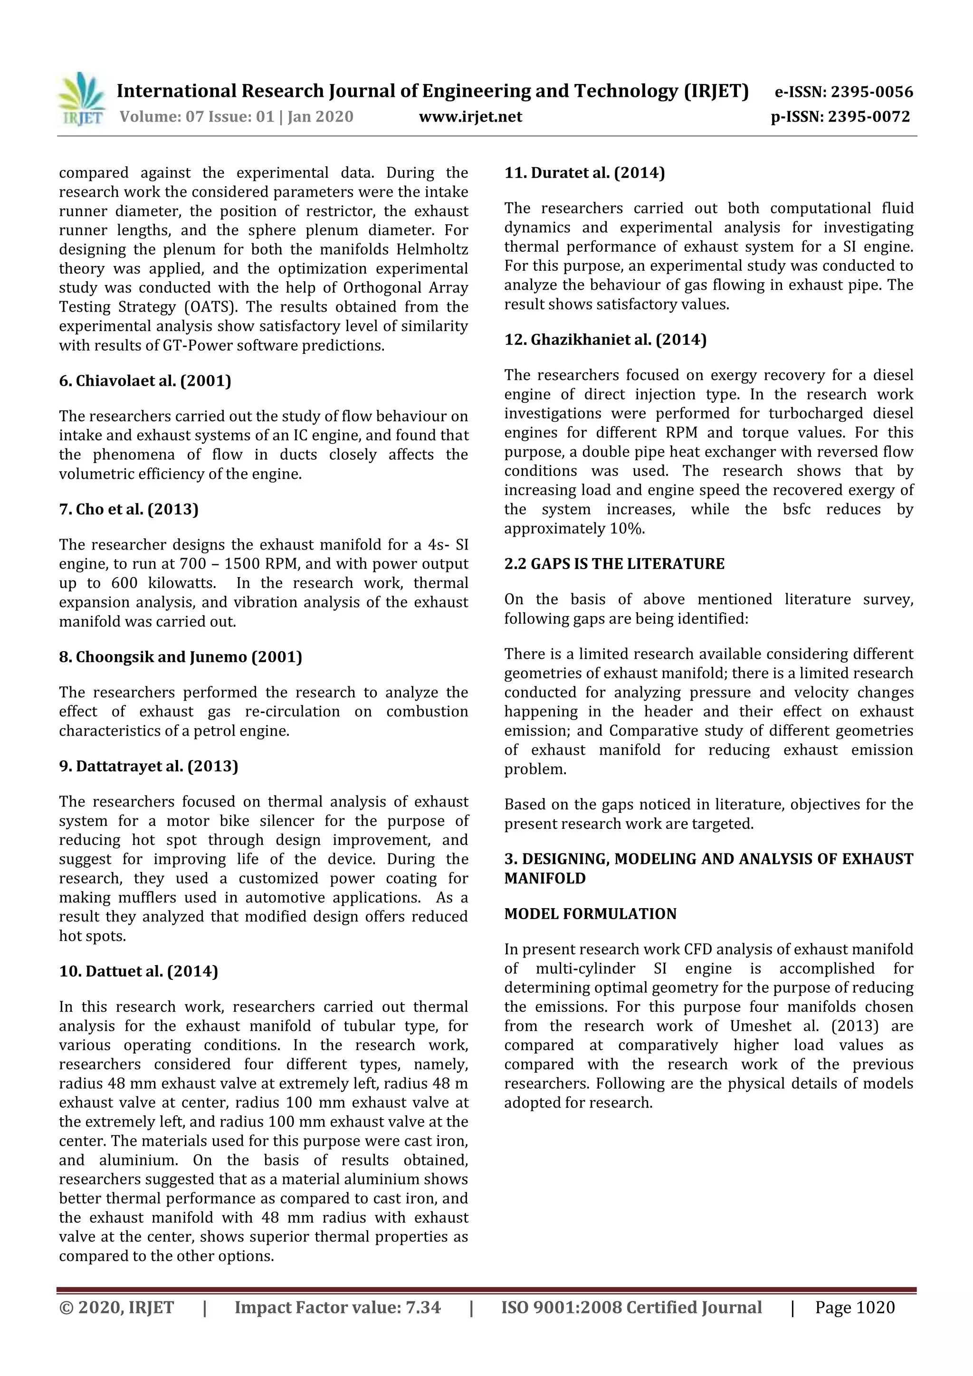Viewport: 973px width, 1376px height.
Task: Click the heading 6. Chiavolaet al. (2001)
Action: [x=145, y=381]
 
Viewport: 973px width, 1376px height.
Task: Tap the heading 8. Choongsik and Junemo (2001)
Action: [x=181, y=657]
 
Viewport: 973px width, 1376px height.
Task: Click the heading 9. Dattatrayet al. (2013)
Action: [x=149, y=767]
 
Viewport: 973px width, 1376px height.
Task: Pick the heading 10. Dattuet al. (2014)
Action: [x=138, y=971]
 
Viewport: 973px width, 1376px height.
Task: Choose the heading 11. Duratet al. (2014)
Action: [x=584, y=173]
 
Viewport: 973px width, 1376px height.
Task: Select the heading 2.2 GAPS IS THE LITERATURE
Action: [x=614, y=564]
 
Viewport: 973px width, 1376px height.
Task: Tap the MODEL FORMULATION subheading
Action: [x=590, y=914]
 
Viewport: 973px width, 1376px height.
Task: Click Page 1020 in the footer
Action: [x=854, y=1308]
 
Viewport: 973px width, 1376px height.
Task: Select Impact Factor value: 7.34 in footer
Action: [x=337, y=1308]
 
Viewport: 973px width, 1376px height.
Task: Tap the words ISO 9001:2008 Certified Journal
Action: [x=631, y=1308]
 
